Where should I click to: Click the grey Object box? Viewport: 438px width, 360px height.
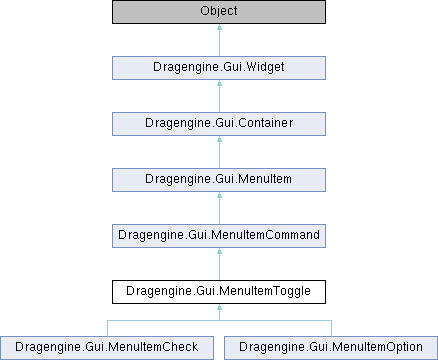tap(219, 12)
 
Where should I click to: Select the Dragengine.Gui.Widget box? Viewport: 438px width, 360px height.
tap(219, 68)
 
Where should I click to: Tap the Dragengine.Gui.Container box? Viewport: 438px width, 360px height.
tap(219, 124)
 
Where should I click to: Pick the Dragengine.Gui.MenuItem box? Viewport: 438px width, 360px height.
tap(219, 180)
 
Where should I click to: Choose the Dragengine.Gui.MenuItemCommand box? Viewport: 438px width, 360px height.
tap(219, 236)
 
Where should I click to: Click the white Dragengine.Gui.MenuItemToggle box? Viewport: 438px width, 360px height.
tap(219, 292)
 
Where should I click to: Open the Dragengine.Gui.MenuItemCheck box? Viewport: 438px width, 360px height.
tap(107, 348)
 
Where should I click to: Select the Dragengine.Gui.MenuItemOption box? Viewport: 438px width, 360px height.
tap(331, 348)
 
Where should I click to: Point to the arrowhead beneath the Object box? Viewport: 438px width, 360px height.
tap(219, 27)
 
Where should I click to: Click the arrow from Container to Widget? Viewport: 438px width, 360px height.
tap(219, 96)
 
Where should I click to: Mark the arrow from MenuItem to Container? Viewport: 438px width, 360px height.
tap(219, 152)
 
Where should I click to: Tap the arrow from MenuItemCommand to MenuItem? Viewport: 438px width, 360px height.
tap(219, 208)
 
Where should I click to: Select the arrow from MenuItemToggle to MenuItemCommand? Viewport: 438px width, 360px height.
tap(219, 264)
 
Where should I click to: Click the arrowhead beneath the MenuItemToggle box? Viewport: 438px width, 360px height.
tap(219, 307)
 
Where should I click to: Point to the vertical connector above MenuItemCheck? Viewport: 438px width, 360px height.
tap(107, 328)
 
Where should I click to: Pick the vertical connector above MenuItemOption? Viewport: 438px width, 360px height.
tap(332, 328)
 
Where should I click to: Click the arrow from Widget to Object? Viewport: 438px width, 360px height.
tap(219, 40)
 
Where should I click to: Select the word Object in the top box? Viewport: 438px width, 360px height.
tap(219, 11)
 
